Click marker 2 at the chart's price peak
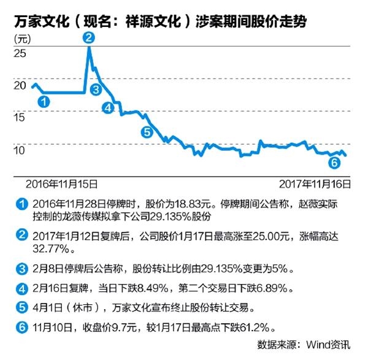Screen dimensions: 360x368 pyautogui.click(x=90, y=37)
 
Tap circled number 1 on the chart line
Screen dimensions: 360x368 pyautogui.click(x=44, y=102)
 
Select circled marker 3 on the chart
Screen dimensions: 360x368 pyautogui.click(x=95, y=90)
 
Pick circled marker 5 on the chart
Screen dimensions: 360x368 pyautogui.click(x=146, y=131)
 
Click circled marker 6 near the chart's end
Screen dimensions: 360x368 pyautogui.click(x=334, y=163)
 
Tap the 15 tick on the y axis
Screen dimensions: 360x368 pyautogui.click(x=20, y=117)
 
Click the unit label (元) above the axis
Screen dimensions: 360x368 pyautogui.click(x=21, y=39)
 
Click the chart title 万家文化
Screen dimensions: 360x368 pyautogui.click(x=37, y=21)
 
